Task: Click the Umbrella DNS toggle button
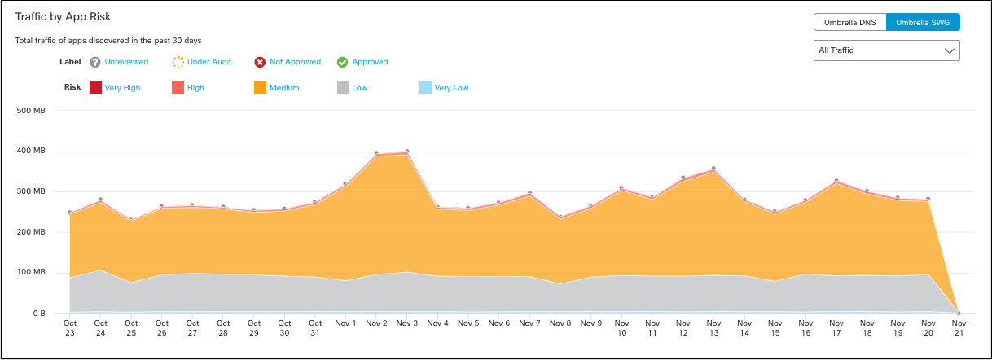[849, 22]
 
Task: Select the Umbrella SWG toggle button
[923, 22]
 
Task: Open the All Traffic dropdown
[887, 50]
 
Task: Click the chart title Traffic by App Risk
[63, 16]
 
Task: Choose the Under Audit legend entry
[209, 62]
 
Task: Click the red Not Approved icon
[260, 62]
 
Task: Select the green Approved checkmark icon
[343, 62]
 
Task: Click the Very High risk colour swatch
[95, 88]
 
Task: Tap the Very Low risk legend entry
[451, 88]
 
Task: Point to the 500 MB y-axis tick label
[30, 110]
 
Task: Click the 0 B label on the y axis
[38, 314]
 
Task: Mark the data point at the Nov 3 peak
[406, 151]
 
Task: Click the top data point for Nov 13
[713, 169]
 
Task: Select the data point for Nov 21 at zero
[959, 313]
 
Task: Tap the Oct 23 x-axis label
[70, 328]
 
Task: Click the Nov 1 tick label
[345, 323]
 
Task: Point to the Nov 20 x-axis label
[928, 328]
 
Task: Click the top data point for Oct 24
[100, 200]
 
